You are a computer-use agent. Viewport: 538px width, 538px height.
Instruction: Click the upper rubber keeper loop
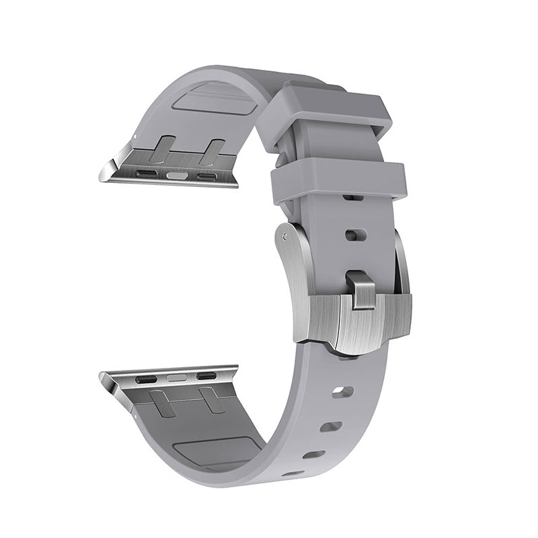[x=336, y=108]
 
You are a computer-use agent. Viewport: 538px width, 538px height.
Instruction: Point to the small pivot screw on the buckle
[x=288, y=236]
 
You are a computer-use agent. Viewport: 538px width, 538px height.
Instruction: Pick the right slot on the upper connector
[x=207, y=177]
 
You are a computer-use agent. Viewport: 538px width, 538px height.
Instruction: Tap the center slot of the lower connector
[x=177, y=377]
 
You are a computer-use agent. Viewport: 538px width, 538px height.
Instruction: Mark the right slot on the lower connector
[x=206, y=375]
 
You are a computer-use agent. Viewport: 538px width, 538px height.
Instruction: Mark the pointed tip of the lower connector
[x=102, y=376]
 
